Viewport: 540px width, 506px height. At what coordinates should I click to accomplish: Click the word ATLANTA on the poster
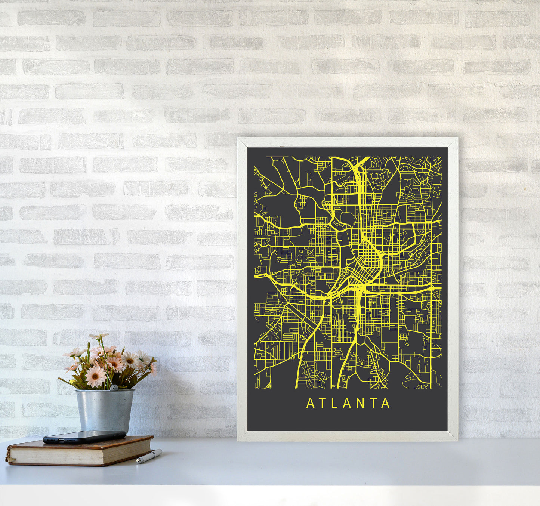348,404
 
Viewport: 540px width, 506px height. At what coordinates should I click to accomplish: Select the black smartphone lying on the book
84,436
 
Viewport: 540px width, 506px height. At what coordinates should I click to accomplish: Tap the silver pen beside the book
149,457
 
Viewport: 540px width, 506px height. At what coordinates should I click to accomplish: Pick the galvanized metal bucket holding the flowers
105,410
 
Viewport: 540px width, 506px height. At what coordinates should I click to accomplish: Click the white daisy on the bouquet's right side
130,360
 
